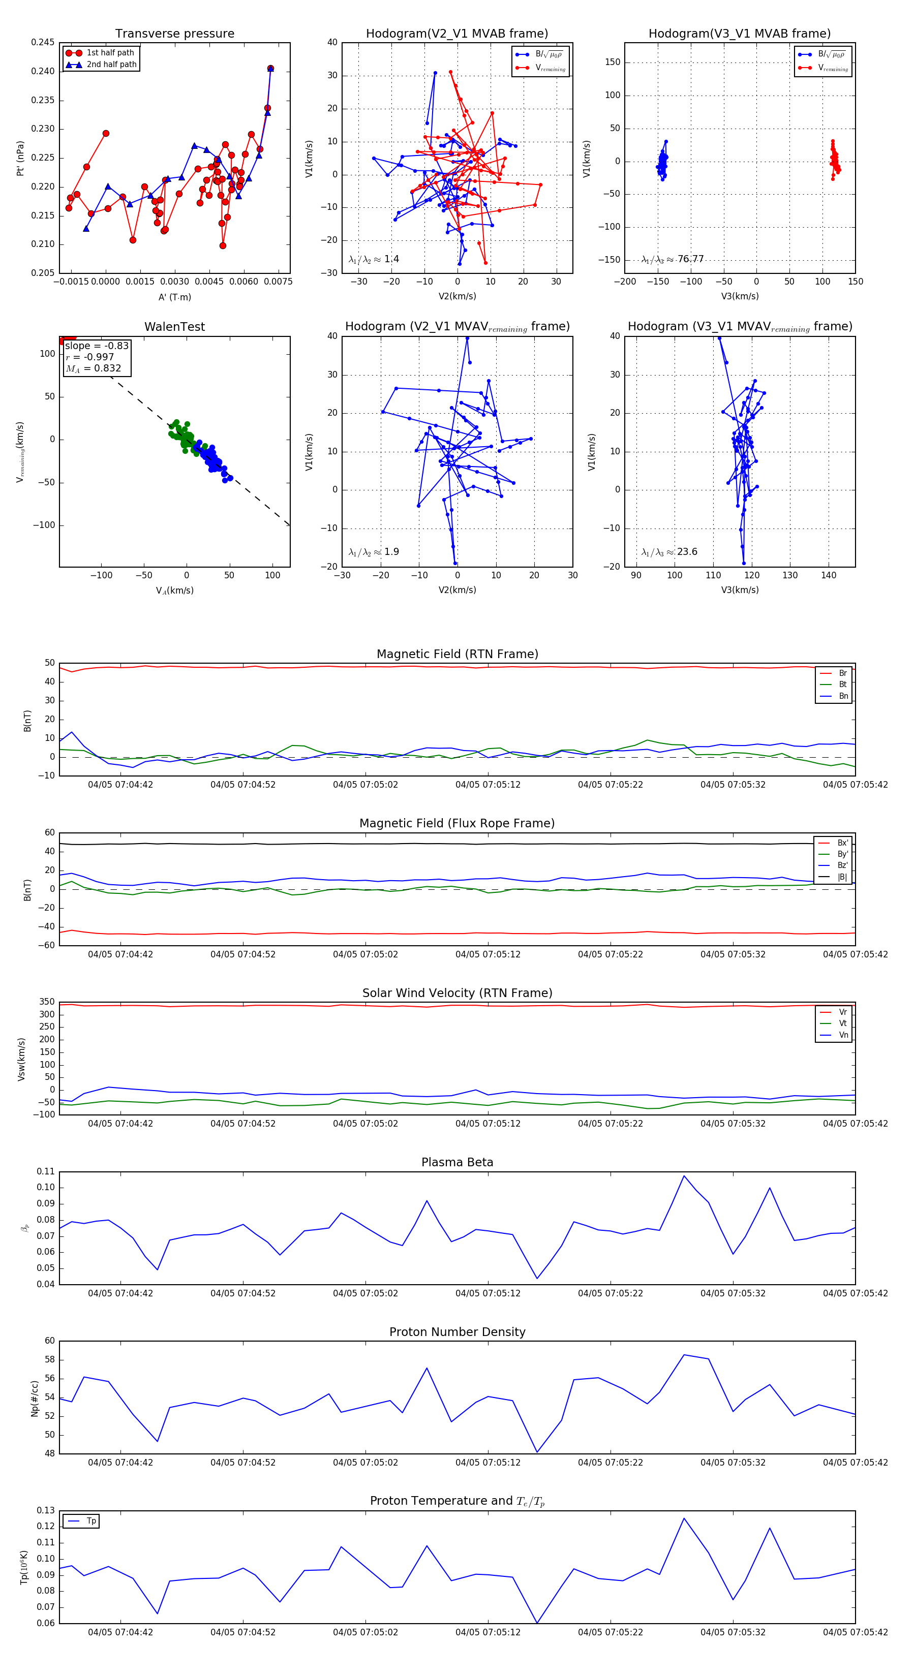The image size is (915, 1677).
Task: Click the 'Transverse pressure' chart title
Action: click(174, 34)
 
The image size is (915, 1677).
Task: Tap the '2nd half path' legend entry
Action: click(111, 65)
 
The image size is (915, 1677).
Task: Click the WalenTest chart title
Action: click(174, 327)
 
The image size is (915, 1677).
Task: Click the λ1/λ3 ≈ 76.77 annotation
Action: click(673, 259)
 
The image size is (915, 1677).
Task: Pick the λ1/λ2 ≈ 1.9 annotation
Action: click(374, 552)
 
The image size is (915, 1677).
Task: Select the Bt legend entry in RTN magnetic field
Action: click(843, 684)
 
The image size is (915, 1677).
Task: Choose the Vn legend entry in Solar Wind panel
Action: click(843, 1035)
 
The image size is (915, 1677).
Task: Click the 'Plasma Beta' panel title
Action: click(457, 1162)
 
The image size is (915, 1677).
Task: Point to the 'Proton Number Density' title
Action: click(457, 1331)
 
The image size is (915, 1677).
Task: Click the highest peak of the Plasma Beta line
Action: click(684, 1176)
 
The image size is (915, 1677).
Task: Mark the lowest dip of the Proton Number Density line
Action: click(537, 1452)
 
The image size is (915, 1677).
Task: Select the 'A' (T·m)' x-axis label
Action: click(174, 297)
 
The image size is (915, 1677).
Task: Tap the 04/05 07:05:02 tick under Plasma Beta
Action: click(365, 1293)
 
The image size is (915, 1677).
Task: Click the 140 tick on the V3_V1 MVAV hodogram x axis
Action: click(829, 575)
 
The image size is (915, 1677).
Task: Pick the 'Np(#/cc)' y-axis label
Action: click(35, 1399)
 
